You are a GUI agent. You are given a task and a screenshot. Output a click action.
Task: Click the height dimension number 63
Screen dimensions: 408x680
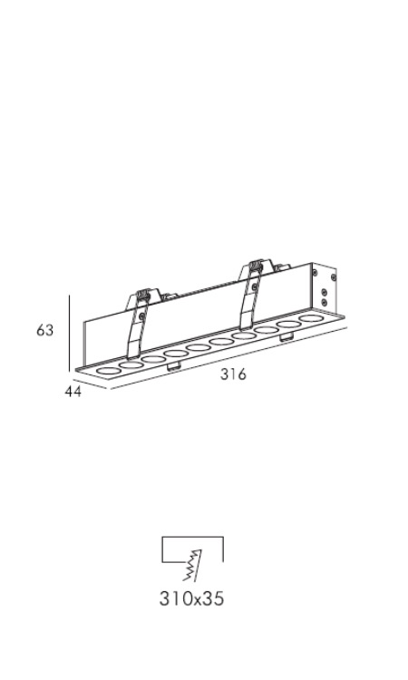[x=44, y=330]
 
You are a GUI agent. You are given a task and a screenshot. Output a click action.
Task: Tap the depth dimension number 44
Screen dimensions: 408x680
[x=73, y=391]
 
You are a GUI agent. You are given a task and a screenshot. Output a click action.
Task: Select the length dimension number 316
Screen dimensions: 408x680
[x=233, y=374]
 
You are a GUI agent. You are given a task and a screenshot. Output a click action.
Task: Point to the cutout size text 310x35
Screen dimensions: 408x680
[x=191, y=599]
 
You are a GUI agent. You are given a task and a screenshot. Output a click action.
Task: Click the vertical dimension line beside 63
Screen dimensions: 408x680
[x=70, y=333]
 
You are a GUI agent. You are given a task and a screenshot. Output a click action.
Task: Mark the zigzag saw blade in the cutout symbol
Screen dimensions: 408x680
[x=192, y=565]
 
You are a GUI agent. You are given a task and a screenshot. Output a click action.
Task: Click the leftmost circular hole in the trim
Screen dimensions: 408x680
[x=109, y=371]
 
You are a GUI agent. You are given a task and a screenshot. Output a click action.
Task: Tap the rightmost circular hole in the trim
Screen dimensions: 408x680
[x=312, y=319]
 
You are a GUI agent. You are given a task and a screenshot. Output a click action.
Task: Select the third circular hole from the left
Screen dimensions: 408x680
[x=153, y=360]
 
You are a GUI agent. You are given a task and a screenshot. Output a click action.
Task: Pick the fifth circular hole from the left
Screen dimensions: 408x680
[x=199, y=348]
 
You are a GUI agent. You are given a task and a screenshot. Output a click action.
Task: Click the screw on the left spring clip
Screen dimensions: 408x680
[x=141, y=316]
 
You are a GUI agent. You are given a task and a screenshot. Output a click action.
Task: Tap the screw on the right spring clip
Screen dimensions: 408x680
[x=254, y=287]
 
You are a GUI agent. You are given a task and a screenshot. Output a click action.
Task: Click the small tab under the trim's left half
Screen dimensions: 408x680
[x=173, y=366]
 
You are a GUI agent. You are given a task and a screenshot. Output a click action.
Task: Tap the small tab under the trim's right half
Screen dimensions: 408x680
[x=287, y=337]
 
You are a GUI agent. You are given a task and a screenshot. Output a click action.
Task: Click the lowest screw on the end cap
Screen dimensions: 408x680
[x=324, y=301]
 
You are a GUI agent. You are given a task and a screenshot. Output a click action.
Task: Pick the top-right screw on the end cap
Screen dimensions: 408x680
[x=333, y=277]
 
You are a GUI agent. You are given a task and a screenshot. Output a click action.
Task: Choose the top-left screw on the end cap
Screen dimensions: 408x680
[x=315, y=272]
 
